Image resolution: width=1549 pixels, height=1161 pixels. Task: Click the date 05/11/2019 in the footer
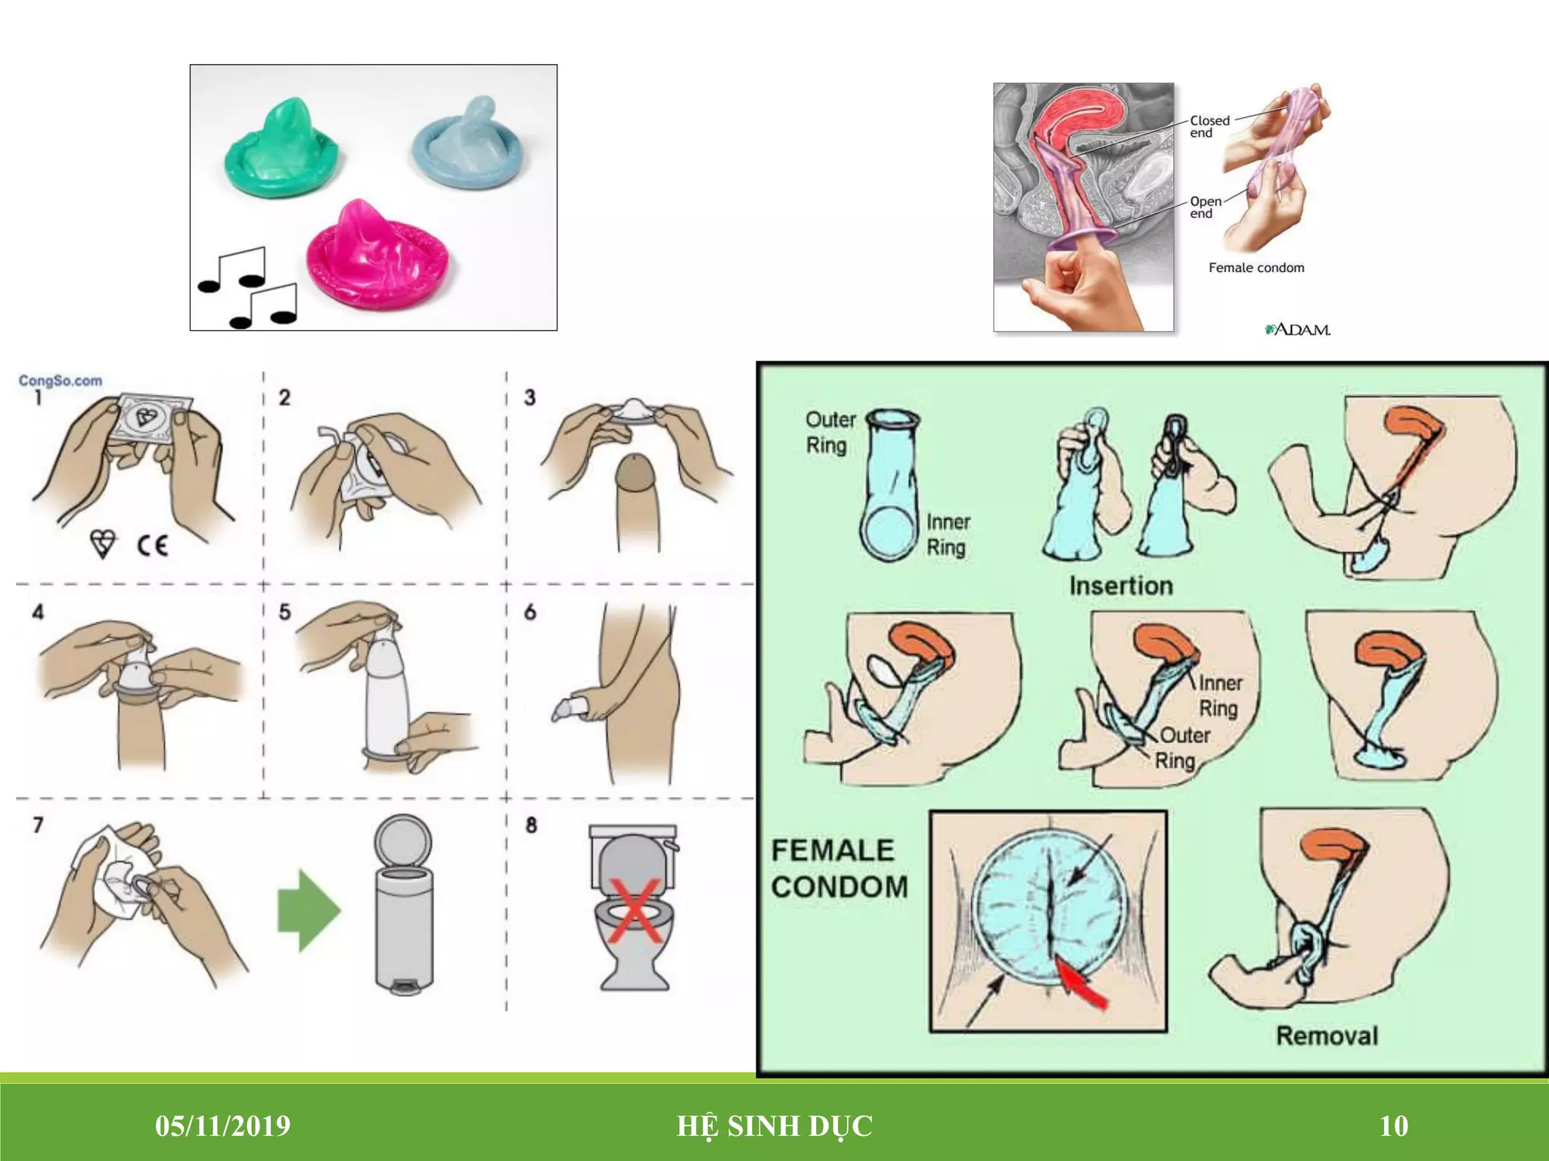[222, 1126]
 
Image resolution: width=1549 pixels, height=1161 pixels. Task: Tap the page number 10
[1394, 1126]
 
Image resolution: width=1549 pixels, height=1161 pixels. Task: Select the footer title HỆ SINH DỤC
[774, 1126]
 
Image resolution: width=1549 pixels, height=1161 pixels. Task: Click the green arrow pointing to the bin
[309, 911]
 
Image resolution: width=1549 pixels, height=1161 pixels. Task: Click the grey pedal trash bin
[405, 904]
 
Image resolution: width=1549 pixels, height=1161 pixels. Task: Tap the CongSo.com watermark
[61, 380]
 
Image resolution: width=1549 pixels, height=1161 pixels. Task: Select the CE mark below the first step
[152, 545]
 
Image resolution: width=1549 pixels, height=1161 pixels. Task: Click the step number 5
[284, 611]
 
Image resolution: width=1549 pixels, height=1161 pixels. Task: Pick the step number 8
[531, 825]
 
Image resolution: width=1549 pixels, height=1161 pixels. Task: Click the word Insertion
[1121, 586]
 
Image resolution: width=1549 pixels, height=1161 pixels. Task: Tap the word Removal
[1327, 1036]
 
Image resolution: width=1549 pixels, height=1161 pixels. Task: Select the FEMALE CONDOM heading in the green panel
[840, 868]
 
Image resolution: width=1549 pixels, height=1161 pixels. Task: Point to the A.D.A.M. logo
[1298, 330]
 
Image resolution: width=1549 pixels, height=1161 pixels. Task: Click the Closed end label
[1209, 126]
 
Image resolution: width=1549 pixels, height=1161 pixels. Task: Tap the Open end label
[1206, 207]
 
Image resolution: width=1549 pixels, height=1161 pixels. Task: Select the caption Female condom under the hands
[1256, 268]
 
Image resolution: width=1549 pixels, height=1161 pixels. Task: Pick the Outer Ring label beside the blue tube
[830, 432]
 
